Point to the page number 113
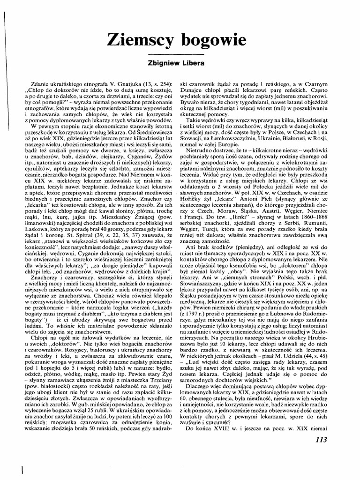point(319,440)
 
